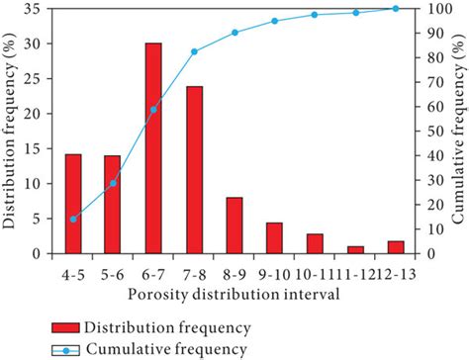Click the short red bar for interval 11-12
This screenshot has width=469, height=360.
coord(355,249)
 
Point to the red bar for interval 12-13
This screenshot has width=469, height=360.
coord(396,247)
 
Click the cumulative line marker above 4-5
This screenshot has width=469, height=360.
coord(73,219)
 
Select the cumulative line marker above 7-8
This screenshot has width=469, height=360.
coord(194,51)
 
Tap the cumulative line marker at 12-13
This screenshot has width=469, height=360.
coord(396,8)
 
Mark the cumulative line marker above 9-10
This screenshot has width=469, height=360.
coord(275,21)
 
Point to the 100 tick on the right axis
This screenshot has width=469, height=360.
coord(431,9)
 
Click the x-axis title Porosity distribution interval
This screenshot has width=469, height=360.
coord(234,294)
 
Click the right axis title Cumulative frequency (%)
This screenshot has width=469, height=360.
coord(458,127)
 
